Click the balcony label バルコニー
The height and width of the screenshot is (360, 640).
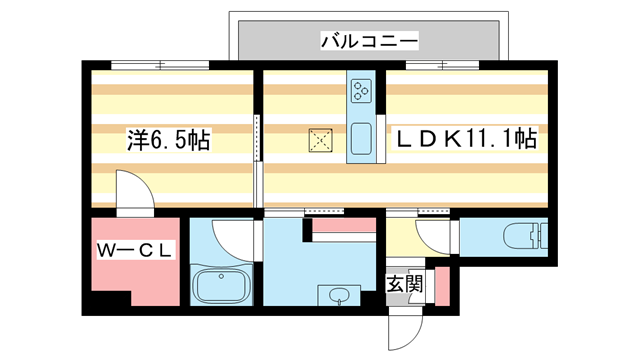pyautogui.click(x=369, y=41)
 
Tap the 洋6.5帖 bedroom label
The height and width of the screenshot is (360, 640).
pyautogui.click(x=168, y=140)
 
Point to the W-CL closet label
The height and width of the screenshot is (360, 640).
pyautogui.click(x=135, y=250)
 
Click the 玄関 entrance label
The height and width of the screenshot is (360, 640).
pyautogui.click(x=405, y=284)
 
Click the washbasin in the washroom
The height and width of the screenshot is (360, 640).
pyautogui.click(x=338, y=296)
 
